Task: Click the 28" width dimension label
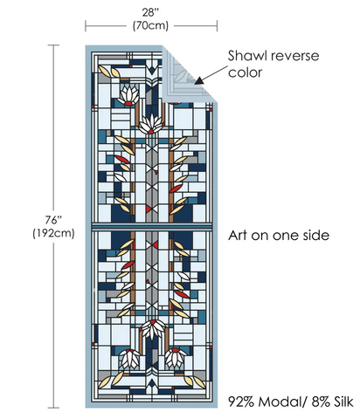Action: point(150,12)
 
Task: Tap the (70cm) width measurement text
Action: point(150,26)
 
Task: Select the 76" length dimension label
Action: point(53,220)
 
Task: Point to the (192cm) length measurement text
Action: point(53,233)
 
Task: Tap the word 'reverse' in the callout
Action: point(295,56)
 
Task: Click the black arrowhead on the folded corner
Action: point(199,80)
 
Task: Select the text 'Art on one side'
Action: point(279,236)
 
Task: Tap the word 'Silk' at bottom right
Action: point(343,402)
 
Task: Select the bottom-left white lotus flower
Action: point(129,358)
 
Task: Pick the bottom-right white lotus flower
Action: point(176,357)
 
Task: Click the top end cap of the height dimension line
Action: point(53,45)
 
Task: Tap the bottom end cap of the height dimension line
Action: point(53,408)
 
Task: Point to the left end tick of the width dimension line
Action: point(86,26)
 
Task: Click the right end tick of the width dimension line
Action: point(217,26)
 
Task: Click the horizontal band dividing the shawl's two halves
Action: point(151,227)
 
